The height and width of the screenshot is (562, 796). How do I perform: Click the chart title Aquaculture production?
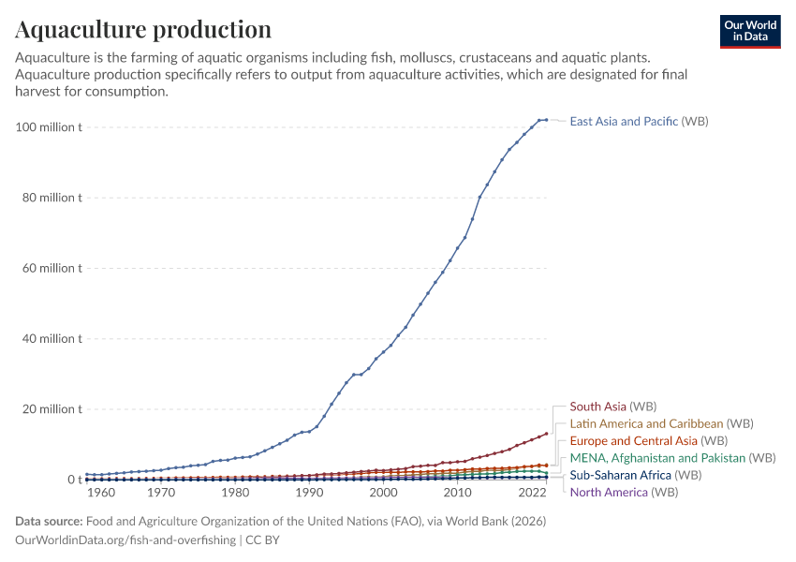coord(143,29)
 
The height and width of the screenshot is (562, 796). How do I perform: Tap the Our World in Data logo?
coord(750,31)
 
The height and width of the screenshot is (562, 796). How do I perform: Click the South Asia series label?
coord(612,407)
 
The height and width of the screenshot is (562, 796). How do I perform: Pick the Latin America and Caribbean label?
coord(661,424)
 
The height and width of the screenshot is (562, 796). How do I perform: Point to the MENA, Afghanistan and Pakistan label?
coord(672,458)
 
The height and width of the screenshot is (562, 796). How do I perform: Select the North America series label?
coord(623,493)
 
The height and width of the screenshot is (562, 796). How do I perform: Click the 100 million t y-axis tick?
coord(49,126)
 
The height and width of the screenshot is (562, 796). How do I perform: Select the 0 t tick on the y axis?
coord(73,480)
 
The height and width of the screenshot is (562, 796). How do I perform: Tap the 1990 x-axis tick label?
coord(308,493)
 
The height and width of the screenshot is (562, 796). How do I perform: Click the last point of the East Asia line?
coord(546,120)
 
